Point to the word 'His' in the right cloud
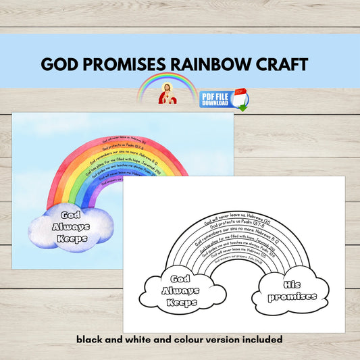[x=290, y=285]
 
